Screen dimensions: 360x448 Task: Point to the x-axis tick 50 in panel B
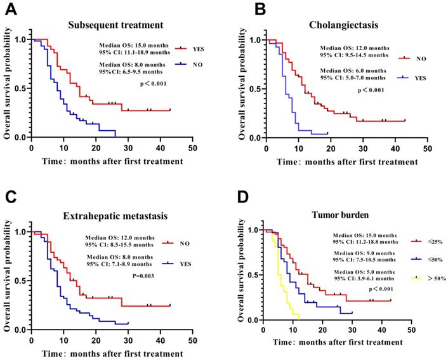(x=428, y=148)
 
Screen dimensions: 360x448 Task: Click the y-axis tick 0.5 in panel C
(x=20, y=280)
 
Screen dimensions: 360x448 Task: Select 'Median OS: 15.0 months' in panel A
(x=132, y=45)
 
